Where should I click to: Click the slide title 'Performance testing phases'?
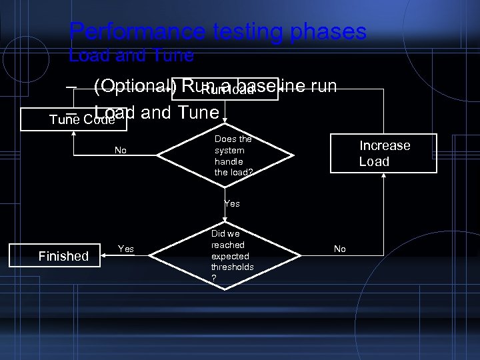217,31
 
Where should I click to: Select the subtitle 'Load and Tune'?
131,55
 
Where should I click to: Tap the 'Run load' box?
225,91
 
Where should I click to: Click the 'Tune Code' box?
73,119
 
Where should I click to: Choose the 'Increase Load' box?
385,153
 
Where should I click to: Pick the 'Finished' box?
63,256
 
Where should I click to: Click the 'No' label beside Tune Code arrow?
120,151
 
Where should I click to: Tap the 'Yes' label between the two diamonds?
231,203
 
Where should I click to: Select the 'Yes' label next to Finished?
125,249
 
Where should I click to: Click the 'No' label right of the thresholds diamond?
339,249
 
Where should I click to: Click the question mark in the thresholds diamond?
214,278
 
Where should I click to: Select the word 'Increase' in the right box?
385,145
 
